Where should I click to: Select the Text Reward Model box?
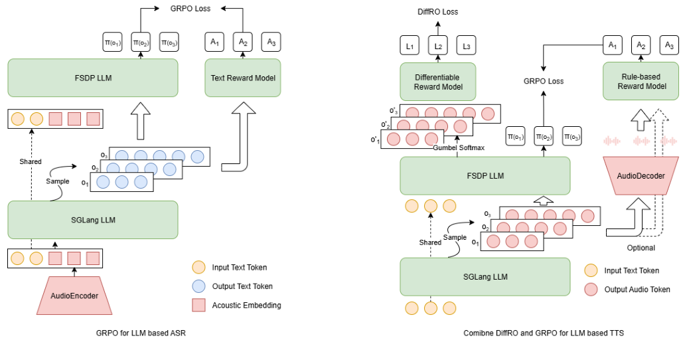243,78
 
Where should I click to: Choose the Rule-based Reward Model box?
641,81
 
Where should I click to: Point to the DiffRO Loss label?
437,12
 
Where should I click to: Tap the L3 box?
467,47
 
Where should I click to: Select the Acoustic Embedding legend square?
198,305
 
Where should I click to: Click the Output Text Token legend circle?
198,286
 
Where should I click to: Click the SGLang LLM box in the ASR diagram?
93,219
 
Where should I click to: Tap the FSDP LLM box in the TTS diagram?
485,176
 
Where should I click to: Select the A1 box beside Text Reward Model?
215,43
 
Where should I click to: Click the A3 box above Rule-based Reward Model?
669,45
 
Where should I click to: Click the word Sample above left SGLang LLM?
58,181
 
